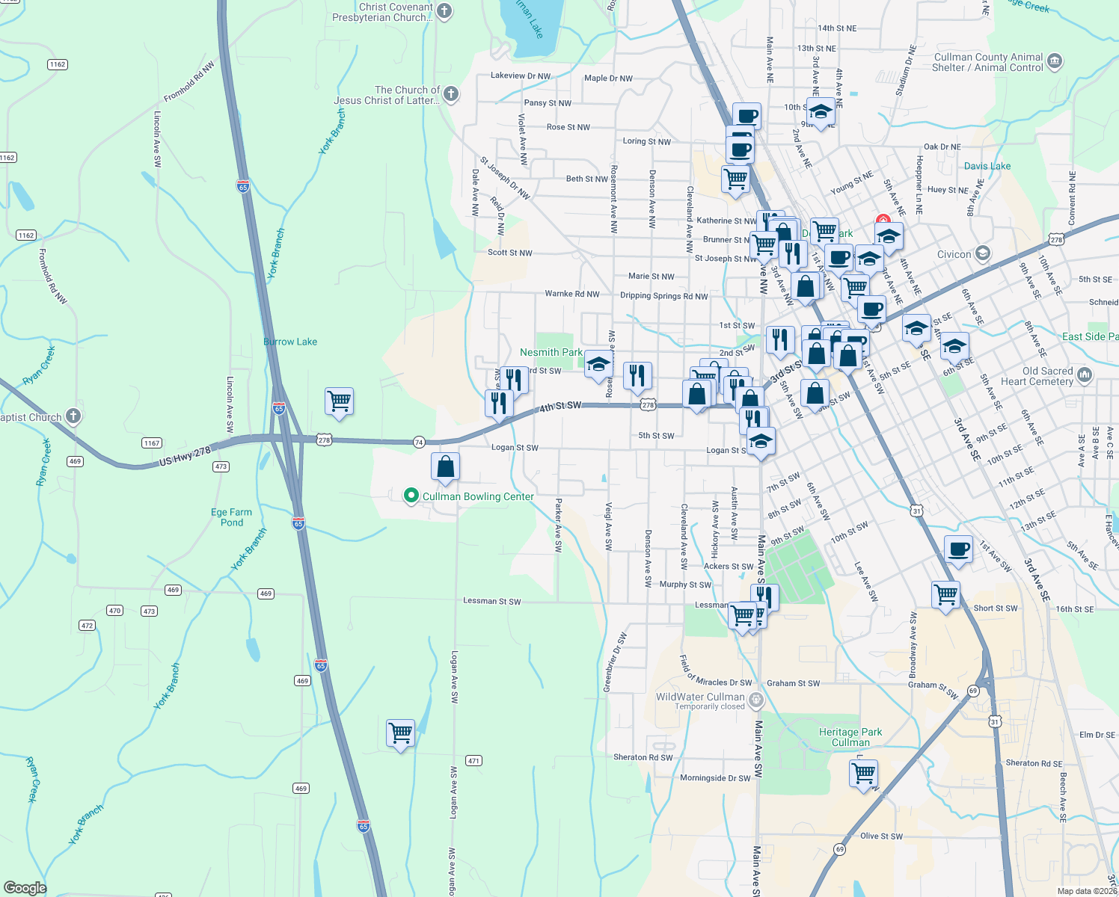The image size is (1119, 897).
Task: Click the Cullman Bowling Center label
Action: click(x=478, y=496)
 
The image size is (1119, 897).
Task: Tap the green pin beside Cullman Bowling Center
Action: click(x=411, y=495)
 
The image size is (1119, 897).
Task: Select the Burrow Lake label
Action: click(x=290, y=342)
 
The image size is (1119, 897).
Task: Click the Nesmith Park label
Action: click(x=551, y=352)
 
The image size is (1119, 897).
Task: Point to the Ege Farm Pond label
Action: click(x=231, y=517)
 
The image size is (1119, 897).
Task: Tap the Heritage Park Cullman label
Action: click(x=850, y=737)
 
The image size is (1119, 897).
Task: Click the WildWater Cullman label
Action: click(x=700, y=697)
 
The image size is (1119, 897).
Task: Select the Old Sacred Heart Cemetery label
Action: click(x=1047, y=376)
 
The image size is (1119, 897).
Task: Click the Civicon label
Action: click(x=954, y=254)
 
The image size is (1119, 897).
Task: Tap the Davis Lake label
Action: click(x=987, y=166)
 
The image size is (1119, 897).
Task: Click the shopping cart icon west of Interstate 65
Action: click(x=339, y=401)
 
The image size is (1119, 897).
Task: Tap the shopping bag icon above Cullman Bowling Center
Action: click(x=445, y=467)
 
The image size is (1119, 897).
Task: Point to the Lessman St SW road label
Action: click(x=491, y=601)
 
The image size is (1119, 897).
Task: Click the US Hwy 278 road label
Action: click(x=185, y=457)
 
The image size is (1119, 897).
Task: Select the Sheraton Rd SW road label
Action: click(x=643, y=757)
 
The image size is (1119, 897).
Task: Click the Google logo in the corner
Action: click(x=25, y=887)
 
